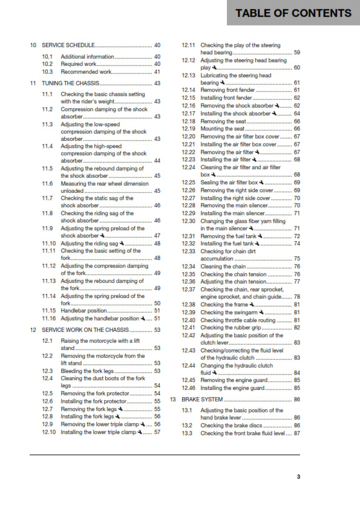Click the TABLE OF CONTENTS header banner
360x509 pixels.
coord(293,13)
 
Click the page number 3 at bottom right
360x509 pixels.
coord(298,477)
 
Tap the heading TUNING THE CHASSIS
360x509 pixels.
coord(70,83)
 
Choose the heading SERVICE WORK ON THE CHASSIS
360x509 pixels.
coord(84,330)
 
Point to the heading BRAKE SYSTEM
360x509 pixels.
coord(201,400)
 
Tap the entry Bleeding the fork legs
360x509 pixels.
coord(87,371)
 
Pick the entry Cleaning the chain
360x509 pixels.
coord(223,267)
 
